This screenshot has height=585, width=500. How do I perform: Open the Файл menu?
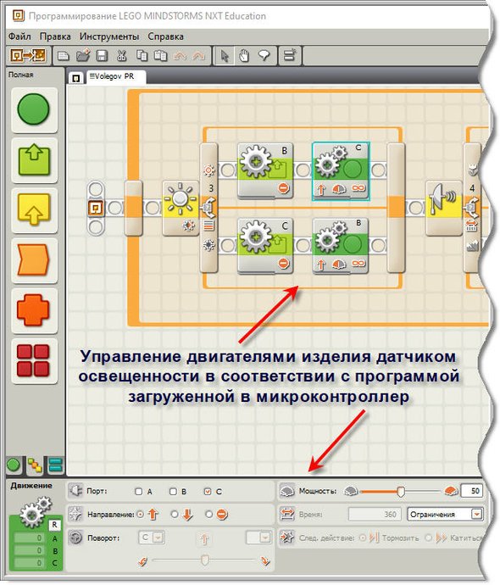19,36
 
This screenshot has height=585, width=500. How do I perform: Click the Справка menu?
165,36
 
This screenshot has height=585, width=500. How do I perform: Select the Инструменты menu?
109,36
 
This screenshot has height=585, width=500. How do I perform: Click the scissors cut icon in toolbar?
121,56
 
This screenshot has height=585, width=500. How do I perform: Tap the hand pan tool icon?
244,56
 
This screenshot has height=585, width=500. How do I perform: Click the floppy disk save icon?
102,56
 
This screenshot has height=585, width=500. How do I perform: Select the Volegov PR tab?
115,77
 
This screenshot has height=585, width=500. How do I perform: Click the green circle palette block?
34,109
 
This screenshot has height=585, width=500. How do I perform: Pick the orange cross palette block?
33,309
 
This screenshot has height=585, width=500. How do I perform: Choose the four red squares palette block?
33,360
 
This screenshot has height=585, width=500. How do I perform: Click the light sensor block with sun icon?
181,208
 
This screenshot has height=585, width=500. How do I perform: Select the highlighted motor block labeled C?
341,171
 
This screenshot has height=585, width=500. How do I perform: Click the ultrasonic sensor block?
444,208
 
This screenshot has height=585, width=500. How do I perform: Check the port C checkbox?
208,492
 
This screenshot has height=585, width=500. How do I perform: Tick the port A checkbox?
139,492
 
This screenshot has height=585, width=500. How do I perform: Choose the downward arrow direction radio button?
175,515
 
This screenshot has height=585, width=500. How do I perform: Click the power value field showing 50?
472,491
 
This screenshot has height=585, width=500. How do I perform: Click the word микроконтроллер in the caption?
332,397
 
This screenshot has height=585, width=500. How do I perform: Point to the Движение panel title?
31,486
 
